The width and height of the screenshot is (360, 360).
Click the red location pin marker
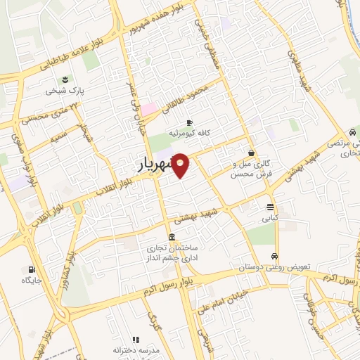(x=181, y=165)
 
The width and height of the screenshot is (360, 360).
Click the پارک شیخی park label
(x=65, y=91)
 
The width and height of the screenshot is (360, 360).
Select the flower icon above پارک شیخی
(x=65, y=78)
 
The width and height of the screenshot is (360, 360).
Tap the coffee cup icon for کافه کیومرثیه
(x=188, y=122)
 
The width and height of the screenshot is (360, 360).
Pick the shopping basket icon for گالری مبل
(x=251, y=153)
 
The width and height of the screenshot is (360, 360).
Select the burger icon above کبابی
(x=270, y=207)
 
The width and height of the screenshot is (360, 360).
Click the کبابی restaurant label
(x=270, y=219)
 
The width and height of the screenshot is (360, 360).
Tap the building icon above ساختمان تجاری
(x=172, y=236)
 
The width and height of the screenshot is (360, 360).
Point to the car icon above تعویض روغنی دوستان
(x=275, y=257)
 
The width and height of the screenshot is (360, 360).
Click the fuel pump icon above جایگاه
(x=32, y=269)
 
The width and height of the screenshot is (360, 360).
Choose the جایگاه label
(x=32, y=281)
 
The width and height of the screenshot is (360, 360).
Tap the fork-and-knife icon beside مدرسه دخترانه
(x=135, y=340)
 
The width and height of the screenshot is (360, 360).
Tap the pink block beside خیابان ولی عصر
(x=149, y=109)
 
